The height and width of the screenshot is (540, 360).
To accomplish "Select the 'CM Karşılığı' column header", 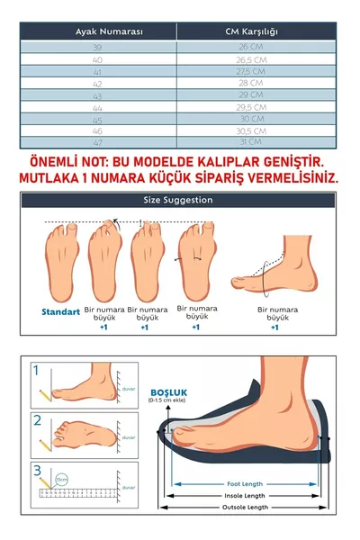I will tap(251, 31).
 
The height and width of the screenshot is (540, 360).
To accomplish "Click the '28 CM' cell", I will tap(251, 82).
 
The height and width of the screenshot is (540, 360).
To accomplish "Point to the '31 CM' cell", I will tap(251, 141).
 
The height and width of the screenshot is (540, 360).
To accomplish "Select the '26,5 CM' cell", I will tap(251, 58).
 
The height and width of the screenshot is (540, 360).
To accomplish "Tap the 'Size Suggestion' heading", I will tap(177, 200).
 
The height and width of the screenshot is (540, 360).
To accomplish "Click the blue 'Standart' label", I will tap(60, 312).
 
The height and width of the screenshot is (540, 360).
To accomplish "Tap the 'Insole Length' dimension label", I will tap(243, 495).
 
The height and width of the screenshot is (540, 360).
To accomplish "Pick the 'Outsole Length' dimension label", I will tap(243, 508).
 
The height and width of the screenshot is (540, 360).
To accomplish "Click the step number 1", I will tap(37, 370).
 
